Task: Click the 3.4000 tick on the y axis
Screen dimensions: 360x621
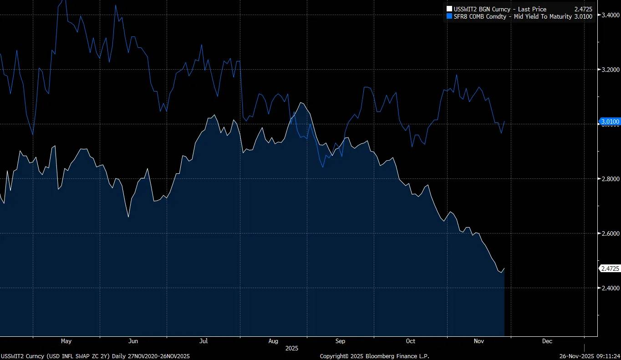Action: [610, 15]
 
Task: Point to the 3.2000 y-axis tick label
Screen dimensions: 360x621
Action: [610, 70]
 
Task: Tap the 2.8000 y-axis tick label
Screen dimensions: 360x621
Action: [610, 179]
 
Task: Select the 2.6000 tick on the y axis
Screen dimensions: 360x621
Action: [610, 233]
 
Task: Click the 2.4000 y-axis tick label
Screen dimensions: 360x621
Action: [610, 288]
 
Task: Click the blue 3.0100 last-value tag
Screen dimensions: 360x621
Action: [610, 122]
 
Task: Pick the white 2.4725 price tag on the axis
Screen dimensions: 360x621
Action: [610, 269]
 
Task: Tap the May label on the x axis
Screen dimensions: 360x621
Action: [66, 341]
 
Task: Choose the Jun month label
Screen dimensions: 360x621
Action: [133, 341]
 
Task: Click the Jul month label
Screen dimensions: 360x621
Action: [204, 341]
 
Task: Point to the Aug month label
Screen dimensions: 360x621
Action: [273, 341]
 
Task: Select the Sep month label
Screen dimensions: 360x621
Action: [340, 341]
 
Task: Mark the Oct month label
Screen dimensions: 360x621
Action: [411, 341]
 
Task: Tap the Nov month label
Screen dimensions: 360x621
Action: [479, 341]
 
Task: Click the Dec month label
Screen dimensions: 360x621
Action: [547, 341]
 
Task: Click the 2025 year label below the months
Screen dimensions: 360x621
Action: [292, 348]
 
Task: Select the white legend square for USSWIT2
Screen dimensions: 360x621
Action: [450, 9]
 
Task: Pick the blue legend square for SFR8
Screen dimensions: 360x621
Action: [450, 16]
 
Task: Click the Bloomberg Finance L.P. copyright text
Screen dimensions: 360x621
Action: [374, 356]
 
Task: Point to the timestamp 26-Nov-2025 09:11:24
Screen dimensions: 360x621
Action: [590, 356]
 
